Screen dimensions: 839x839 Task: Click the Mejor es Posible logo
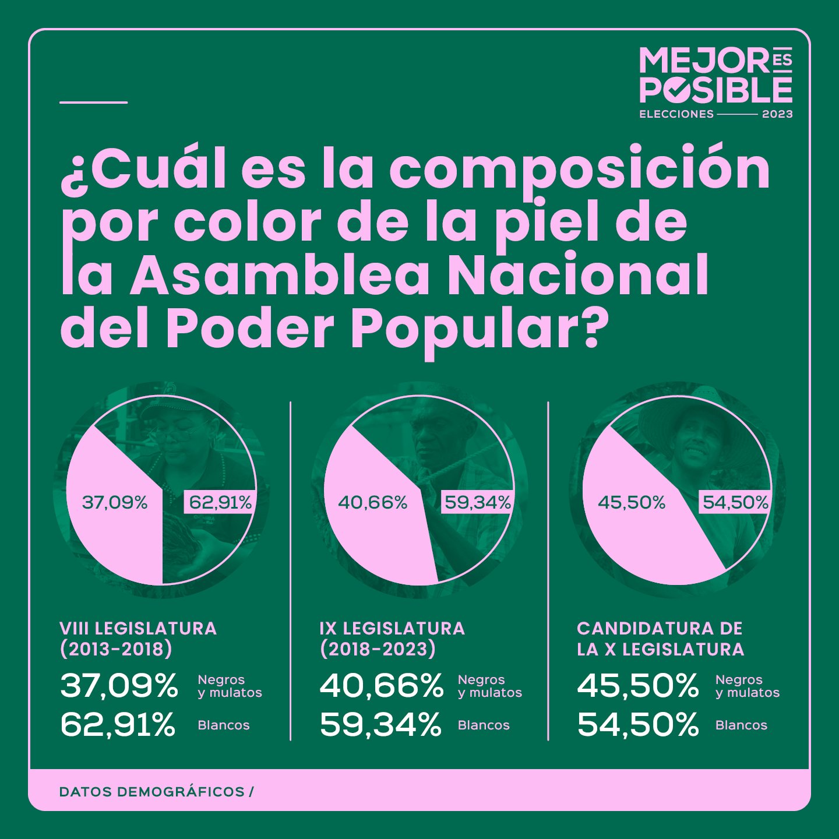[715, 82]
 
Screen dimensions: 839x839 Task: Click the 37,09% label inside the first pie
[115, 502]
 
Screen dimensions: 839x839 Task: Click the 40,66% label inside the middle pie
[373, 502]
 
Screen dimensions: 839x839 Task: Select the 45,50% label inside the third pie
[632, 502]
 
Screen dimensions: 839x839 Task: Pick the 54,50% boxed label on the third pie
[735, 502]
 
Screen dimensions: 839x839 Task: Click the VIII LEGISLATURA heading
[138, 629]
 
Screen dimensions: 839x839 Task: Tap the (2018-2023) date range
[378, 649]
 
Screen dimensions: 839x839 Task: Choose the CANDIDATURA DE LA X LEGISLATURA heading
[660, 639]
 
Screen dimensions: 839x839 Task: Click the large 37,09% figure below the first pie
[119, 686]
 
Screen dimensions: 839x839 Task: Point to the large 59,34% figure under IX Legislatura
[380, 725]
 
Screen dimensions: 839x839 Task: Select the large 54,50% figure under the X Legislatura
[638, 725]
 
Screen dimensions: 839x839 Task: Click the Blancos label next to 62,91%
[224, 725]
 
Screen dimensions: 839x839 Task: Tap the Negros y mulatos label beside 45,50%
[747, 686]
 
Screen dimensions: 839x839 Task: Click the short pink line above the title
[93, 103]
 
